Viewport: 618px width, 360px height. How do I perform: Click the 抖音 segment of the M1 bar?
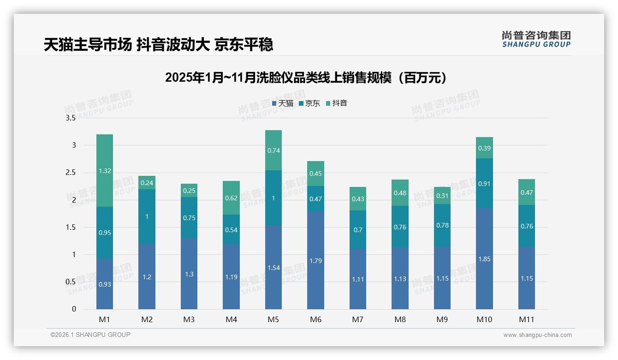point(105,171)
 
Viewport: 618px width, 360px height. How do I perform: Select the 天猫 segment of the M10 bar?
point(484,258)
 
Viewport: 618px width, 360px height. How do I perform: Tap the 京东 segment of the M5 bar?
point(273,198)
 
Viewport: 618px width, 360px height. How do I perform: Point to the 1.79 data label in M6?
point(315,261)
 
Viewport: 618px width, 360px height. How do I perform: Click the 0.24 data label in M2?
point(147,182)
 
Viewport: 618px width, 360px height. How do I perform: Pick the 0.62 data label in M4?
point(231,198)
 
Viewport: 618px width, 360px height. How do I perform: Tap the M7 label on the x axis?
point(358,319)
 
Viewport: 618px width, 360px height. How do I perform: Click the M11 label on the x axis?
point(526,319)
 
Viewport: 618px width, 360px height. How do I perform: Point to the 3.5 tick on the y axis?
point(71,118)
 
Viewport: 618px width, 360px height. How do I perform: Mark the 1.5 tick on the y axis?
point(71,227)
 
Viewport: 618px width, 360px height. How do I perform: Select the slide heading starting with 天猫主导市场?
point(159,44)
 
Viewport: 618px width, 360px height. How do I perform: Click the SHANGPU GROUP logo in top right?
point(536,39)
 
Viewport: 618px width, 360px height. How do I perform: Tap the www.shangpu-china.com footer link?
point(537,335)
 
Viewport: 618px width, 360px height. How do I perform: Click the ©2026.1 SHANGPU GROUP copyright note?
point(90,335)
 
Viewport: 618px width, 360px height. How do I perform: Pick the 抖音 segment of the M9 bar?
point(442,196)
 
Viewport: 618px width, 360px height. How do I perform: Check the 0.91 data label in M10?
point(484,184)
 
